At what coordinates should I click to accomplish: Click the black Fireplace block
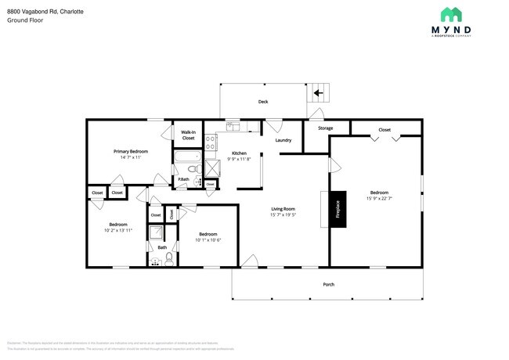338,209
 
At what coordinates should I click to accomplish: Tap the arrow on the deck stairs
318,93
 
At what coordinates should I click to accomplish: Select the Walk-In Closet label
188,135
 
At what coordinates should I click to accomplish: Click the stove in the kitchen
210,142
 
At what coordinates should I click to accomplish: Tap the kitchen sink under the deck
233,125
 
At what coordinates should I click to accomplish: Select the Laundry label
283,141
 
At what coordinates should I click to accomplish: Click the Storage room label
325,128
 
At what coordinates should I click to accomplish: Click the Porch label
329,284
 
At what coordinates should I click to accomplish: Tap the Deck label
263,102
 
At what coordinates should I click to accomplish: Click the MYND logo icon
450,14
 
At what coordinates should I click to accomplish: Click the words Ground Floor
25,20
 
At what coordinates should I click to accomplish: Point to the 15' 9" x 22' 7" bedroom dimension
379,199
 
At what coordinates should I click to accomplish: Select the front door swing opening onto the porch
251,261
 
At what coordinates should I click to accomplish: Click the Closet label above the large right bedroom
384,130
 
